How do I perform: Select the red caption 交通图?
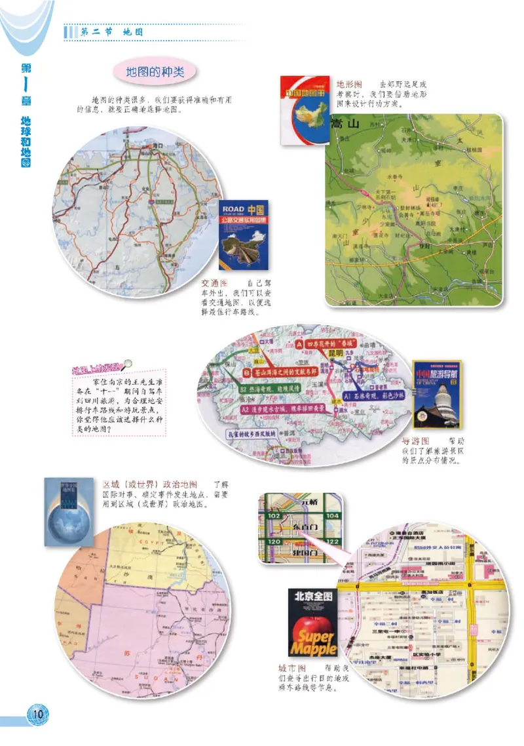click(214, 283)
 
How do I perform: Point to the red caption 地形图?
click(350, 84)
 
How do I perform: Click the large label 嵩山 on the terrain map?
click(345, 124)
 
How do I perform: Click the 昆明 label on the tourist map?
click(341, 353)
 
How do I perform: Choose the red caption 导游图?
click(415, 441)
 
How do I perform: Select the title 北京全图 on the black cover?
click(311, 598)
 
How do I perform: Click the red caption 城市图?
click(291, 668)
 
